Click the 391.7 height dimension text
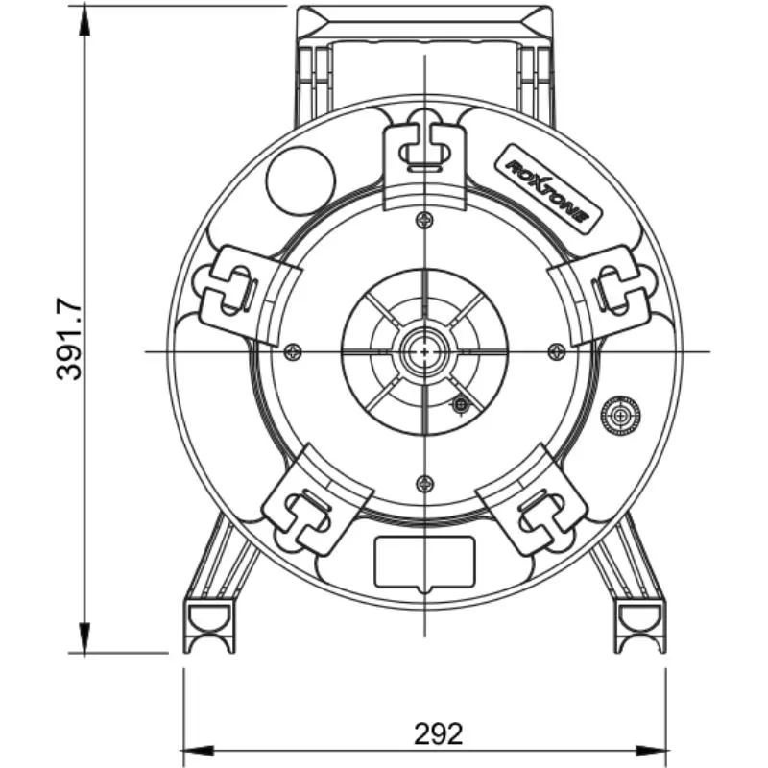click(68, 339)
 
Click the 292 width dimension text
click(438, 733)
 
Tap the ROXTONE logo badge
click(548, 188)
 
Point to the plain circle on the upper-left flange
click(300, 180)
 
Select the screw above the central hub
click(424, 221)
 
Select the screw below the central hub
click(424, 484)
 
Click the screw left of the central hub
click(293, 351)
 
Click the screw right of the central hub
click(556, 351)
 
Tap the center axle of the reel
click(424, 352)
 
